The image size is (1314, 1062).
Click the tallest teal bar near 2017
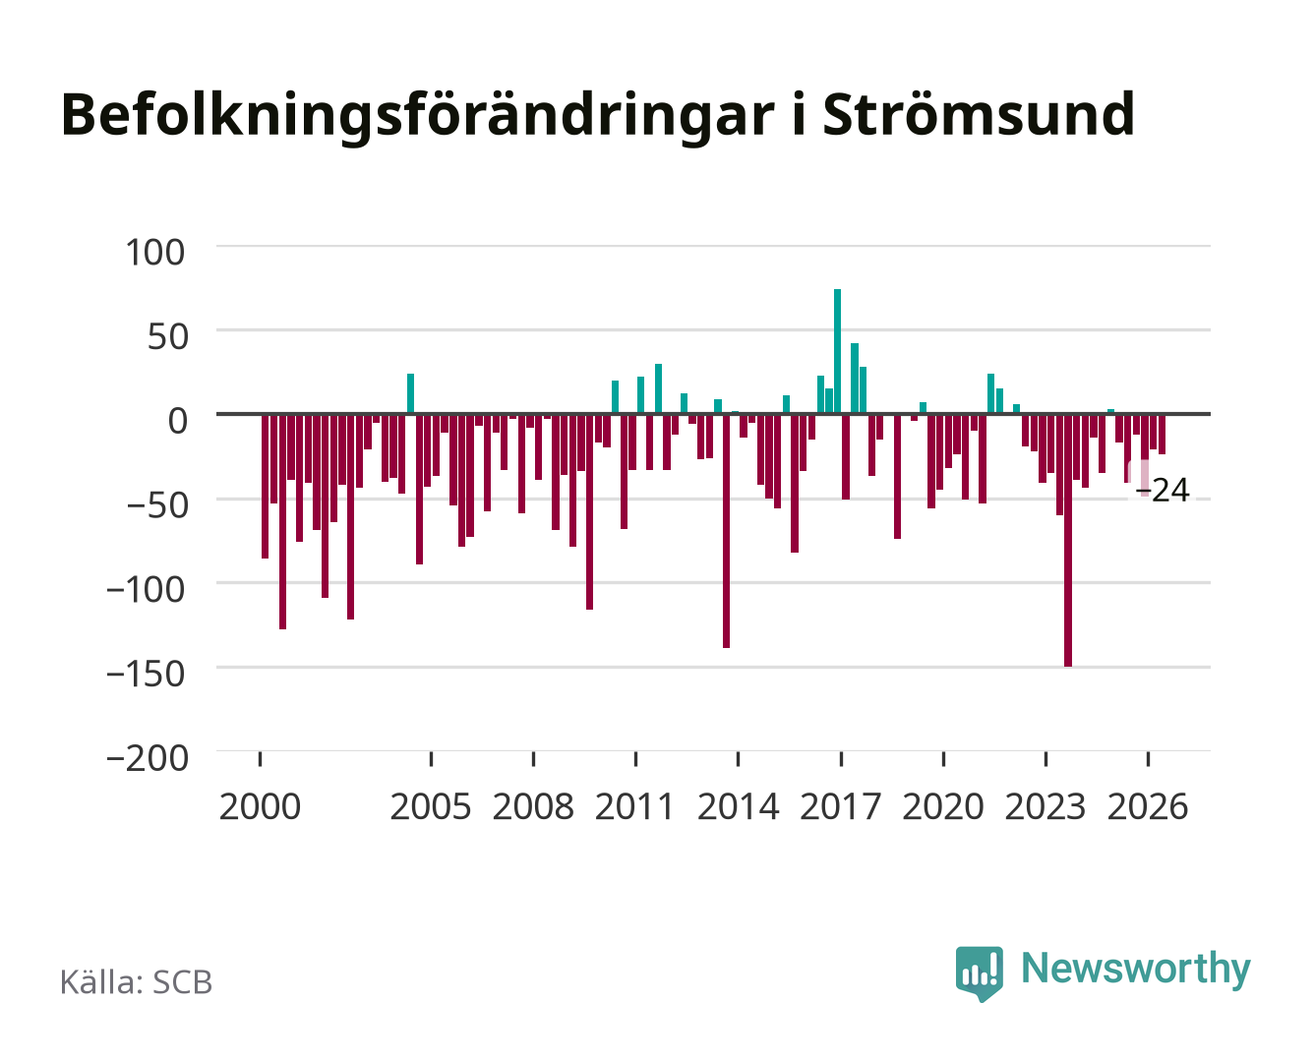click(x=837, y=351)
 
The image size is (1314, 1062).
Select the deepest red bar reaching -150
click(x=1068, y=540)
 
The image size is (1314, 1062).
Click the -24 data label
click(x=1162, y=491)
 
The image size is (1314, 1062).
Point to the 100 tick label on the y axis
click(x=154, y=253)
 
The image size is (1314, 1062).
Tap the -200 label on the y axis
click(x=148, y=758)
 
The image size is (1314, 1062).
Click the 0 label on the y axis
click(x=178, y=421)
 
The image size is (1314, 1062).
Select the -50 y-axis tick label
click(x=157, y=505)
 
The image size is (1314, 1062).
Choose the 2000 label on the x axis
click(x=260, y=806)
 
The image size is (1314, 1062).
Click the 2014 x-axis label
click(x=739, y=806)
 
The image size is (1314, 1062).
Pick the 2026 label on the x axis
click(x=1148, y=806)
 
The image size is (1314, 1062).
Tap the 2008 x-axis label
click(x=534, y=806)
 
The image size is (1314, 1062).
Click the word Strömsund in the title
click(x=979, y=115)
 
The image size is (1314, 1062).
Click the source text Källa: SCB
click(x=136, y=981)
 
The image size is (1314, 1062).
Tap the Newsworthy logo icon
click(x=980, y=973)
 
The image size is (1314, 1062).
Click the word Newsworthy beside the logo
click(x=1136, y=970)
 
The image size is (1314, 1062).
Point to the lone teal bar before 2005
click(x=410, y=393)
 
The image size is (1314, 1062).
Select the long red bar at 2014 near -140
click(x=726, y=531)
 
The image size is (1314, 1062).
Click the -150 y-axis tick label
click(x=146, y=675)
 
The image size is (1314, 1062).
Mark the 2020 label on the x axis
click(x=943, y=806)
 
